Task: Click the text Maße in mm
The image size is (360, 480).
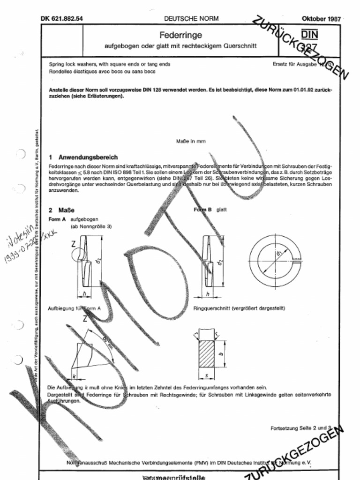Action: [191, 141]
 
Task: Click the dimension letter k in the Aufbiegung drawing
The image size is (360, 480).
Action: [74, 376]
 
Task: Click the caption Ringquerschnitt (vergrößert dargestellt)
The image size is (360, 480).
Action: [239, 308]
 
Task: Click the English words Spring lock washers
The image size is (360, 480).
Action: [72, 63]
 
